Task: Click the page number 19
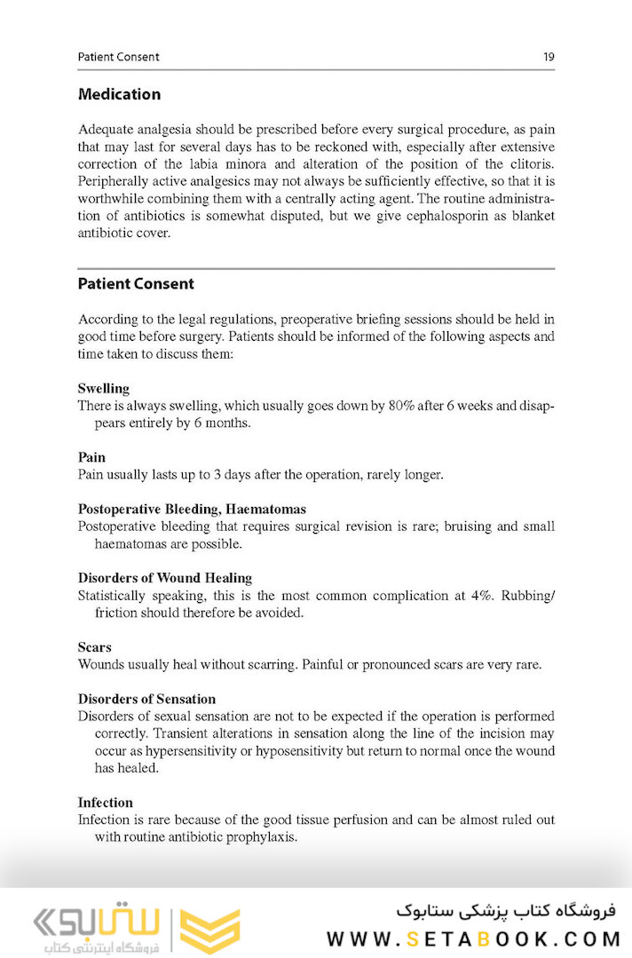tap(549, 57)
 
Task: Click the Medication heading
tap(119, 94)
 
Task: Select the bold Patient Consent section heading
tap(136, 284)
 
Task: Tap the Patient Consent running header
tap(118, 57)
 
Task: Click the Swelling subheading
tap(103, 388)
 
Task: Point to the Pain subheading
tap(91, 457)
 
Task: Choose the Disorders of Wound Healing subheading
tap(164, 578)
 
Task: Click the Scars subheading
tap(94, 647)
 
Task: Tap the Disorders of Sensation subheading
tap(146, 699)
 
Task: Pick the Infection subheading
tap(105, 802)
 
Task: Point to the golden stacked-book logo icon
tap(209, 930)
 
